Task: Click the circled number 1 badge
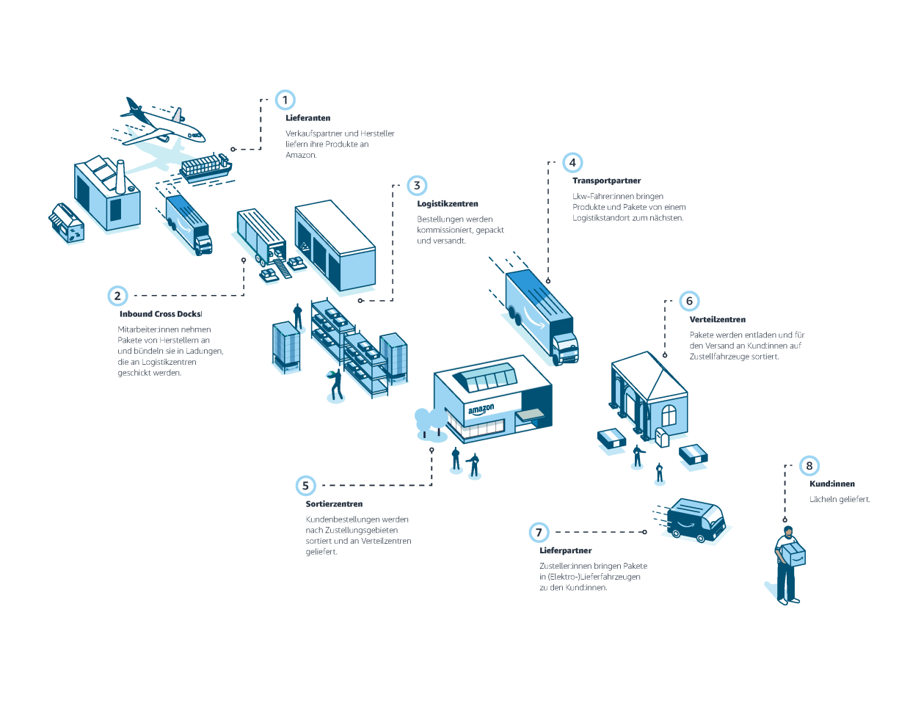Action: (x=285, y=100)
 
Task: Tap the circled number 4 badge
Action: (x=572, y=163)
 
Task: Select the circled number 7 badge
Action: (x=539, y=532)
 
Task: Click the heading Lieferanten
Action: (x=307, y=118)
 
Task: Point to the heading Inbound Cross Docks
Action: (x=160, y=314)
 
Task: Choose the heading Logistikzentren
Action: (x=447, y=204)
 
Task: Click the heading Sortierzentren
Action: (x=334, y=504)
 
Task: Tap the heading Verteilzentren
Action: (x=717, y=320)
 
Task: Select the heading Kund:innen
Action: (x=831, y=484)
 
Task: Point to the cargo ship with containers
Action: (x=205, y=167)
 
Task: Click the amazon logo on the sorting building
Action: (x=481, y=409)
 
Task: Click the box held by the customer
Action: (x=793, y=553)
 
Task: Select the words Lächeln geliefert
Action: (x=840, y=500)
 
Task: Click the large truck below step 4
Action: (x=542, y=316)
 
